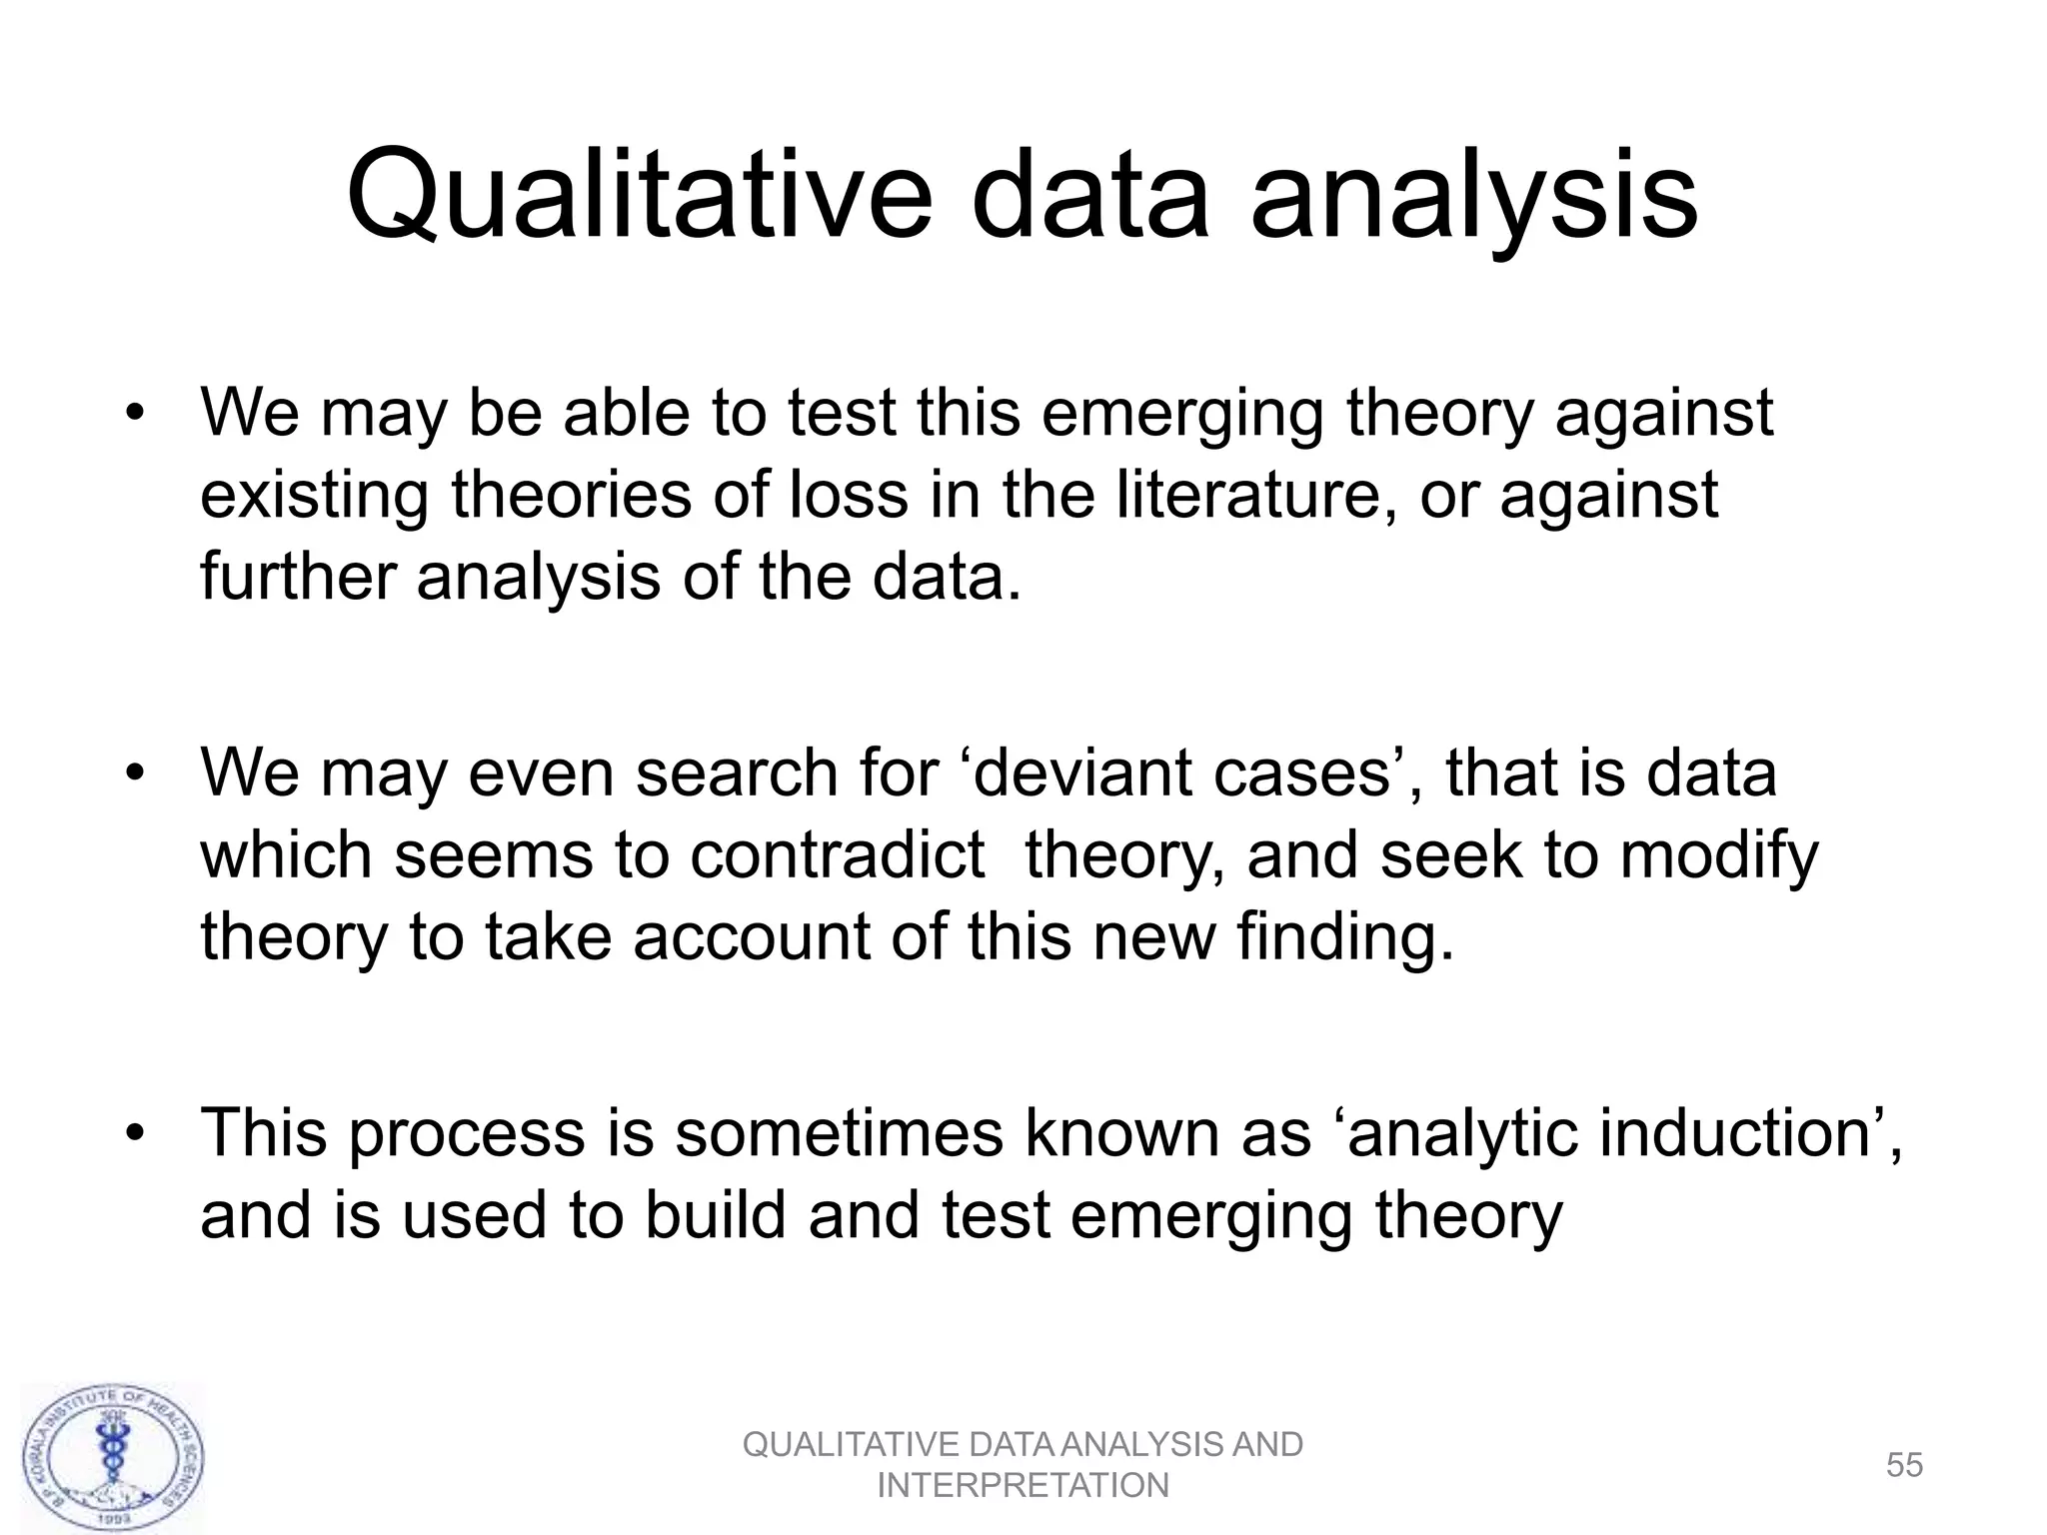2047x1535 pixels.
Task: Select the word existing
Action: (x=316, y=497)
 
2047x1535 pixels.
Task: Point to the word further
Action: (x=299, y=577)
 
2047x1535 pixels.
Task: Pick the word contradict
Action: (x=837, y=855)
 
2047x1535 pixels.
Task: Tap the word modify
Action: (x=1718, y=857)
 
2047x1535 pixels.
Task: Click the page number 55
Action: (x=1904, y=1465)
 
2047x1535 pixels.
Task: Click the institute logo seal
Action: (x=112, y=1458)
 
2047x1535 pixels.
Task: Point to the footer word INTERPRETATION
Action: (x=1023, y=1486)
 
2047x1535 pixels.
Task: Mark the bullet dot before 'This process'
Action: (x=136, y=1135)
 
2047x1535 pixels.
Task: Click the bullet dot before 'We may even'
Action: (x=136, y=774)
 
